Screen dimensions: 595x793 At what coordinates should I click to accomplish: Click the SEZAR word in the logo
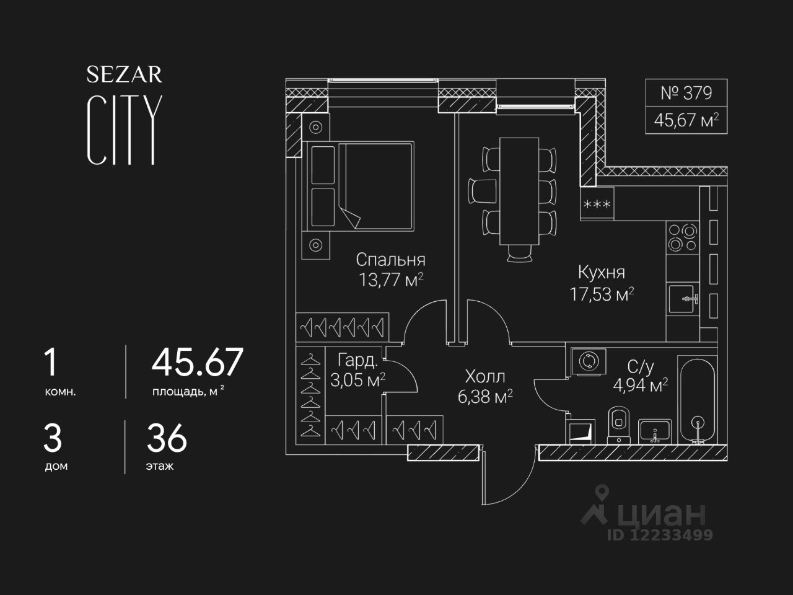click(x=124, y=75)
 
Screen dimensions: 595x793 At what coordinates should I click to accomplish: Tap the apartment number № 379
click(x=686, y=94)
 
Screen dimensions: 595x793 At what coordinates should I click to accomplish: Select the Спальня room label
click(x=390, y=260)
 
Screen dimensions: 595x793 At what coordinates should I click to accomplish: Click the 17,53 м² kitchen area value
click(x=602, y=294)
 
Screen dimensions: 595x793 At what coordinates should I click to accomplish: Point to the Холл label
click(x=485, y=376)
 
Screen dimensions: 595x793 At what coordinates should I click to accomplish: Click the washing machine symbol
click(x=585, y=361)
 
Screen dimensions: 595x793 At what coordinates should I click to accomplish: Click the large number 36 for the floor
click(x=167, y=439)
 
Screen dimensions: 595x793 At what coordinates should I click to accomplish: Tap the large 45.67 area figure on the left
click(x=198, y=363)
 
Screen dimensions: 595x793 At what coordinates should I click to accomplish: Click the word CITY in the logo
click(x=125, y=130)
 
